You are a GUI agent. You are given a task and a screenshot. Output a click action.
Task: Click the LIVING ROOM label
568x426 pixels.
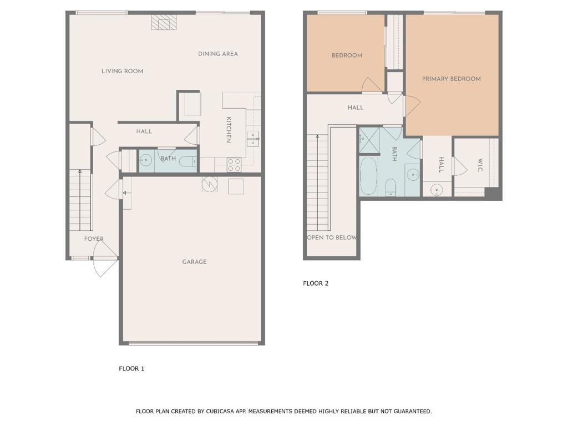pos(123,71)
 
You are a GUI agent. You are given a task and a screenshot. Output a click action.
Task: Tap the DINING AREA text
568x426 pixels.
pos(217,54)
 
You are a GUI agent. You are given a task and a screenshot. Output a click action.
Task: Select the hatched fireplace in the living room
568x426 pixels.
pos(164,22)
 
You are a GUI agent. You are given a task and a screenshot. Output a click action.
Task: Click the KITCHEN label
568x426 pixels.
pos(229,130)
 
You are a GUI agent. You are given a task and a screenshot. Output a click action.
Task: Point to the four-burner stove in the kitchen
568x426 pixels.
pos(234,165)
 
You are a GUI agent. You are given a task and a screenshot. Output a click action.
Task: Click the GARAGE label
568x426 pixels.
pos(195,262)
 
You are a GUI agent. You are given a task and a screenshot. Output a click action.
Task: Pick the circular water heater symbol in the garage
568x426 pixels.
pos(209,184)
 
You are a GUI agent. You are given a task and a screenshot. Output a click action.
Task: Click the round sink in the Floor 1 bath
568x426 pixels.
pos(146,159)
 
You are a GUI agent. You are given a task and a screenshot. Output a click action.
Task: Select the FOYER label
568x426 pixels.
pos(94,239)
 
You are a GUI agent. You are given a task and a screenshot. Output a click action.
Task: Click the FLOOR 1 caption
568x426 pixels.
pos(131,368)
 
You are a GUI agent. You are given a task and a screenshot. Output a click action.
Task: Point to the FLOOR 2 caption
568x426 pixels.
pos(316,283)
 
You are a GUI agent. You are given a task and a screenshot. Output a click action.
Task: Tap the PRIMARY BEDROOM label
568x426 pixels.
pos(452,79)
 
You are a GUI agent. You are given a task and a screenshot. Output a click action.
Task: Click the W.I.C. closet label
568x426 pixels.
pos(480,165)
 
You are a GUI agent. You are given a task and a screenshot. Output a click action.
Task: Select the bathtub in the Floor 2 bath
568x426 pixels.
pos(369,176)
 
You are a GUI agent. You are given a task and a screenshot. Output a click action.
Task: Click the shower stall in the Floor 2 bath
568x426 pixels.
pos(369,140)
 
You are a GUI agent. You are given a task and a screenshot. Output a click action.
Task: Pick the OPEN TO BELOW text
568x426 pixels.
pos(332,237)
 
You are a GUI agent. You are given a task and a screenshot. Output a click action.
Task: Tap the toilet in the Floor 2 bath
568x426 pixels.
pos(390,187)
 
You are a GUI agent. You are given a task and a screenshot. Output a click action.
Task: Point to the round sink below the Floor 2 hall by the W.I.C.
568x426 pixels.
pos(437,190)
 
